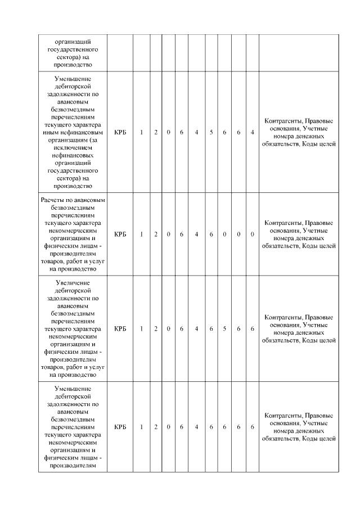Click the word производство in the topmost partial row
(73, 64)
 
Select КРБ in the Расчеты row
(120, 234)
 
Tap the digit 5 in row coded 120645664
(211, 132)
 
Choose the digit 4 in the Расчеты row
(196, 234)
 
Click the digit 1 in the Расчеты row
(142, 234)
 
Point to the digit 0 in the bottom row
(169, 427)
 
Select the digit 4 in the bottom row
(196, 427)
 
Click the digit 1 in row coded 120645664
(142, 132)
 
